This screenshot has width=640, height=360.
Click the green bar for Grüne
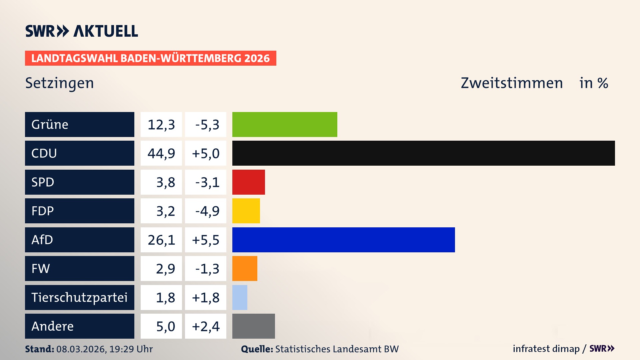click(285, 124)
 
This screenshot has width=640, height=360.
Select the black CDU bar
click(423, 153)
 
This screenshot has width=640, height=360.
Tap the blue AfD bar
click(343, 240)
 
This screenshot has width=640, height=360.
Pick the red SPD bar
click(248, 182)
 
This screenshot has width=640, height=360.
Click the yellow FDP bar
click(246, 211)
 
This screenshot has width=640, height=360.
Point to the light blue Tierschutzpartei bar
click(240, 297)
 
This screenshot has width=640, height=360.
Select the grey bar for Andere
click(253, 326)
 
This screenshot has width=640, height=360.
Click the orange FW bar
click(245, 268)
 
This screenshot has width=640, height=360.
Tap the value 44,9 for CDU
click(161, 153)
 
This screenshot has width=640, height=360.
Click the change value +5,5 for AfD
click(206, 240)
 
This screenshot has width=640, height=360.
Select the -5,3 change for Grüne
click(207, 125)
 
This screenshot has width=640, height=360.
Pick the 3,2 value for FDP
click(165, 211)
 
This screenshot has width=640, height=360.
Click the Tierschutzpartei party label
click(79, 297)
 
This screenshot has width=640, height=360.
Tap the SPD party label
click(43, 182)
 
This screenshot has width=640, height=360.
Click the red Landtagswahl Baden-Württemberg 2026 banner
click(150, 58)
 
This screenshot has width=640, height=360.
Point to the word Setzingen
click(60, 83)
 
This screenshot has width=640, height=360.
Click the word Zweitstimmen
click(512, 83)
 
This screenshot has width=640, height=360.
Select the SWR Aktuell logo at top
click(82, 31)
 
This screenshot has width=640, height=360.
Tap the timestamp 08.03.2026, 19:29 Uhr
click(104, 349)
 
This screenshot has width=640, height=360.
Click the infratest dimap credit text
click(546, 349)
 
